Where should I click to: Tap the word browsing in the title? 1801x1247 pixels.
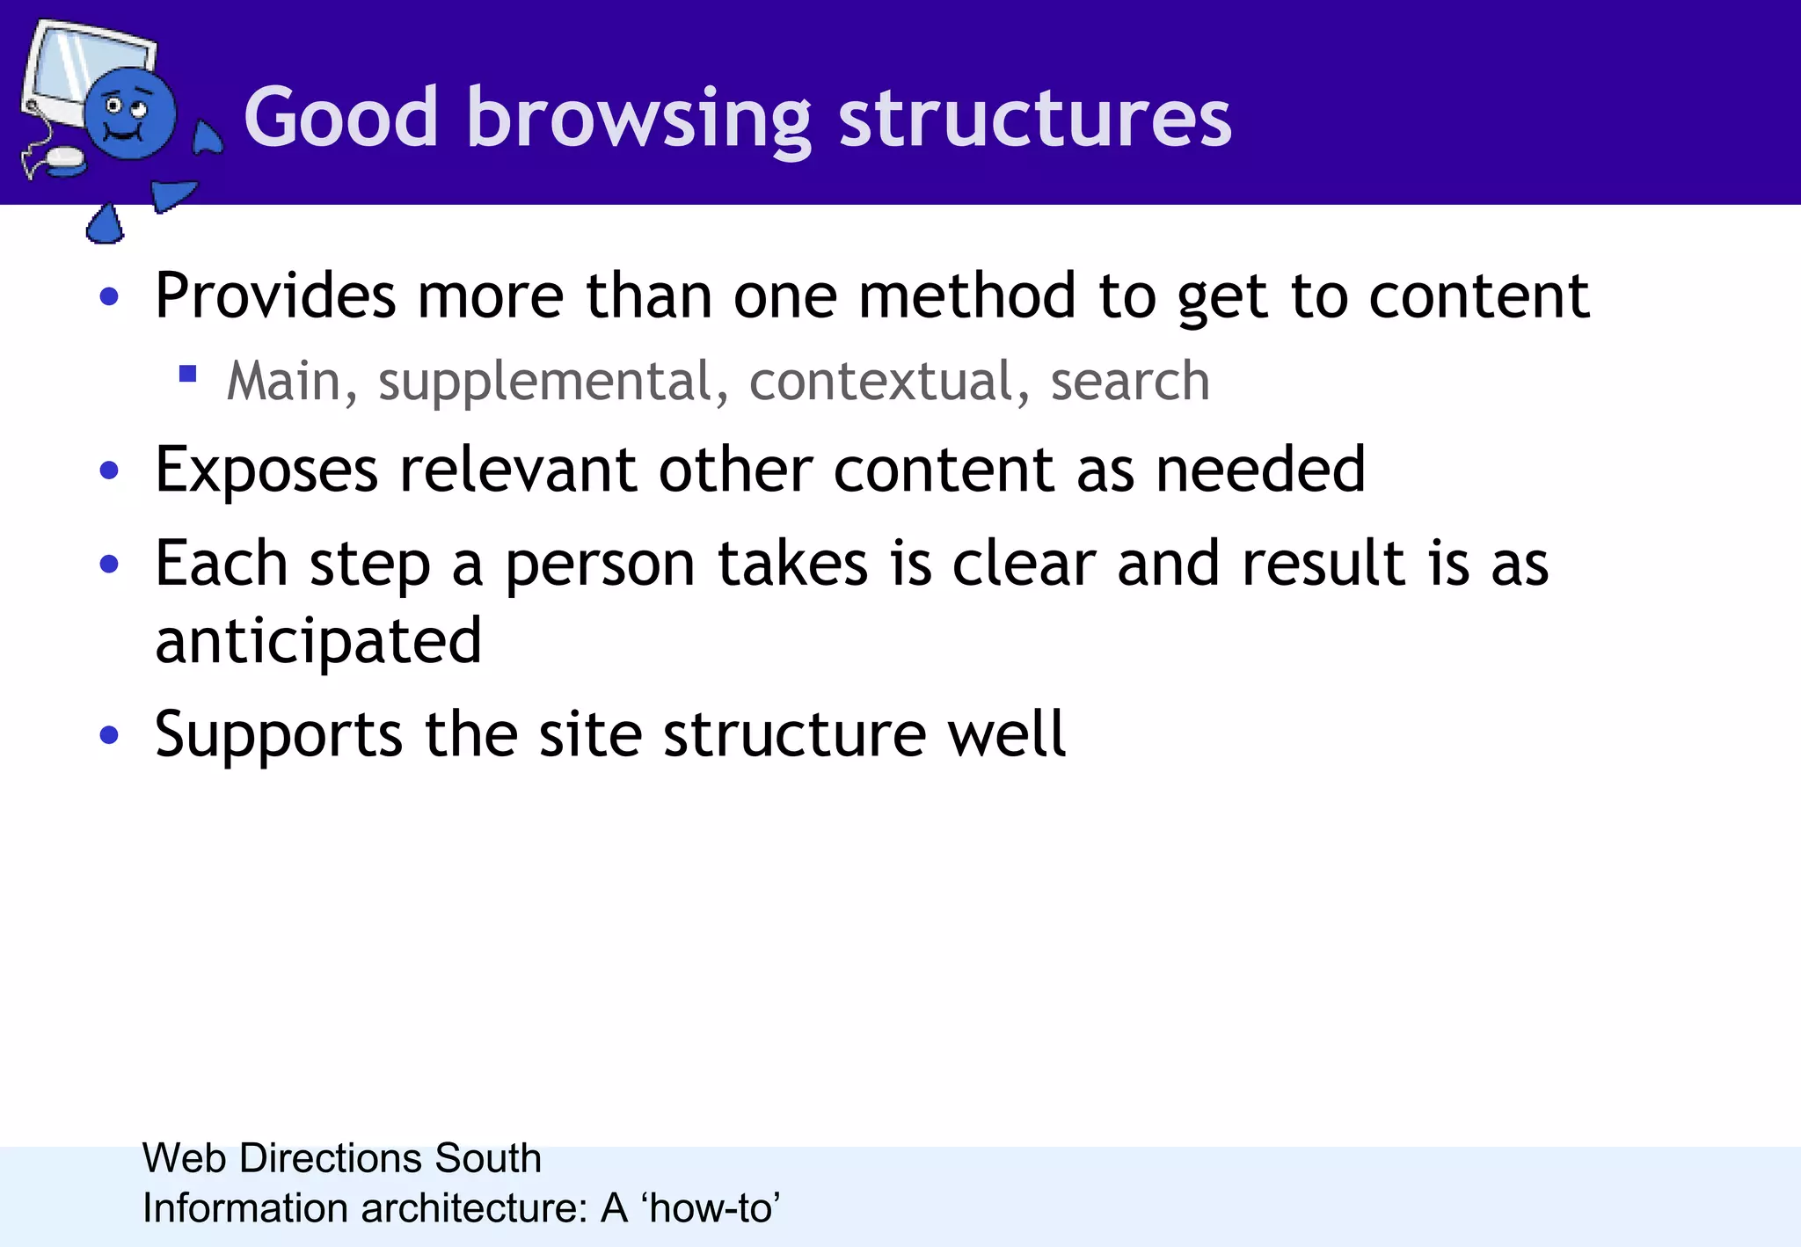pyautogui.click(x=638, y=119)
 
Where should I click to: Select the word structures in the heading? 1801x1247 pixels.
pyautogui.click(x=1035, y=119)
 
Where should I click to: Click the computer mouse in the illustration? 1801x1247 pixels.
pyautogui.click(x=63, y=159)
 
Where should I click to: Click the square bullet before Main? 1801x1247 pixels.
pyautogui.click(x=187, y=375)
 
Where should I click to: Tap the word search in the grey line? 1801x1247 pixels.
pyautogui.click(x=1129, y=382)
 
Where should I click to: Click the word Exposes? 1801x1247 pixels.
pyautogui.click(x=266, y=470)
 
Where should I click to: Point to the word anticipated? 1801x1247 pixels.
pyautogui.click(x=318, y=641)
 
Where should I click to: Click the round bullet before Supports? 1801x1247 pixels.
pyautogui.click(x=109, y=734)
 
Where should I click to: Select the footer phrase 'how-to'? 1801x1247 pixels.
pyautogui.click(x=711, y=1208)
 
